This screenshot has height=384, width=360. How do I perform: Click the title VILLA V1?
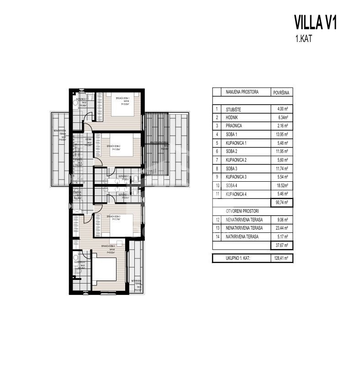coord(315,22)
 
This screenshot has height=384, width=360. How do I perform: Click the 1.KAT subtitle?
coord(304,39)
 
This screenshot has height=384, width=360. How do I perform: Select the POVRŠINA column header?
coord(281,92)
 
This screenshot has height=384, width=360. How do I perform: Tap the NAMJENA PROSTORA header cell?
coord(242,92)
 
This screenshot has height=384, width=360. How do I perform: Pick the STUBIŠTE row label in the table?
coord(234,110)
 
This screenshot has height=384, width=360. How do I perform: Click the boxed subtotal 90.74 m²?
coord(281,203)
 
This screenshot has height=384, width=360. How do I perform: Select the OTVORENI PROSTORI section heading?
coord(242,211)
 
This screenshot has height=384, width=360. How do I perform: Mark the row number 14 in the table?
coord(217,237)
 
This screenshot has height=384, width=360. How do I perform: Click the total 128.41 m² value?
coord(281,258)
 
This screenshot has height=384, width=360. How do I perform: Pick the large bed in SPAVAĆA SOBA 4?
coord(105,270)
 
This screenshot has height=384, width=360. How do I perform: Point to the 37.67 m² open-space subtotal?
coord(281,245)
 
